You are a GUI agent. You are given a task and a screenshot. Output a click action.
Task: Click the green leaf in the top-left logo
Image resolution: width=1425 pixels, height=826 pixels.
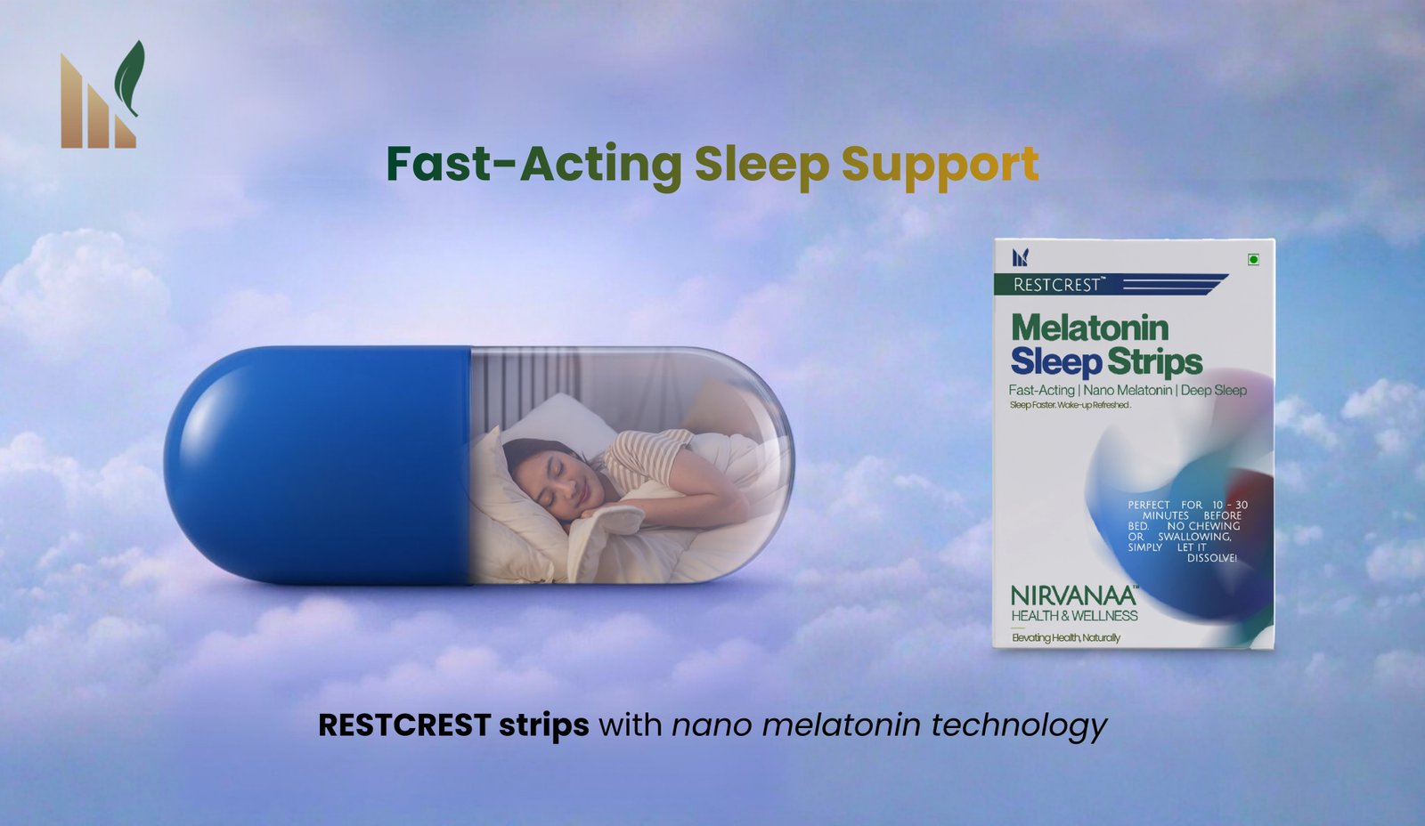(130, 77)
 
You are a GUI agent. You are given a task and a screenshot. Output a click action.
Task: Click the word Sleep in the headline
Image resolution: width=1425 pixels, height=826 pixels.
(761, 166)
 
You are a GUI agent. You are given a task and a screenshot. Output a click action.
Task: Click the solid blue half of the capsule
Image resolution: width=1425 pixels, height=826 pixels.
(318, 465)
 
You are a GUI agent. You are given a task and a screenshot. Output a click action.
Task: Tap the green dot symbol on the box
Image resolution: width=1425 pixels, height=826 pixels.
(1253, 259)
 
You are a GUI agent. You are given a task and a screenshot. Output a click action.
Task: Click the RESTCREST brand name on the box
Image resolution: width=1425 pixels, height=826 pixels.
(1056, 285)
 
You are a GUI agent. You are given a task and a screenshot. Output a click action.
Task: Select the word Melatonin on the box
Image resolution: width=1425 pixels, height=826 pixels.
(1090, 328)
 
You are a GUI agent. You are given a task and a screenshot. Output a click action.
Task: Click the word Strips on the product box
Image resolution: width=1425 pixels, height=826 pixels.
(1154, 363)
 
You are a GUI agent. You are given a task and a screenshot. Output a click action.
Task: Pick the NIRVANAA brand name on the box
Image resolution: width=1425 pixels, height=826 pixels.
(1073, 596)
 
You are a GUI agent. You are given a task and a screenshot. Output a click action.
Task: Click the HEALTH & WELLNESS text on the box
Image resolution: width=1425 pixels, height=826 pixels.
(1074, 616)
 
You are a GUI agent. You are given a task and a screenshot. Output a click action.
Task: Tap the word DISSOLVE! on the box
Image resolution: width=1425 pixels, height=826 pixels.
(1212, 558)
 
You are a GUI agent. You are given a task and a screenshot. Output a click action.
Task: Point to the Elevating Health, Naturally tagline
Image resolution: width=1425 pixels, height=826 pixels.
(1065, 638)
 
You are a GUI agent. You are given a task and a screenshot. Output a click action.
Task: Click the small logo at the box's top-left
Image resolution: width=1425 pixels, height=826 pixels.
(1021, 257)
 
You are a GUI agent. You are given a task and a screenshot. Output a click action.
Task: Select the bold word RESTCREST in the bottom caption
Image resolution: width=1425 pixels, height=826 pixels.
(404, 725)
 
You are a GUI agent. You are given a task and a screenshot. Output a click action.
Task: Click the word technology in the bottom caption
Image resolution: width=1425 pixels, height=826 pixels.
(1019, 727)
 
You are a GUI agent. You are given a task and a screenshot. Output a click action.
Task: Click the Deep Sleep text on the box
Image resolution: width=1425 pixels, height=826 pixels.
(1214, 391)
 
